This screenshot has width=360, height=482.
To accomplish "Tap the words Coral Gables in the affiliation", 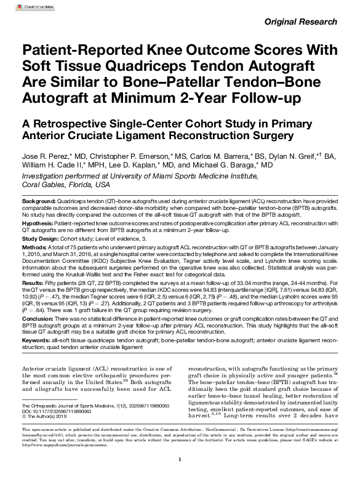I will [x=44, y=184].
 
